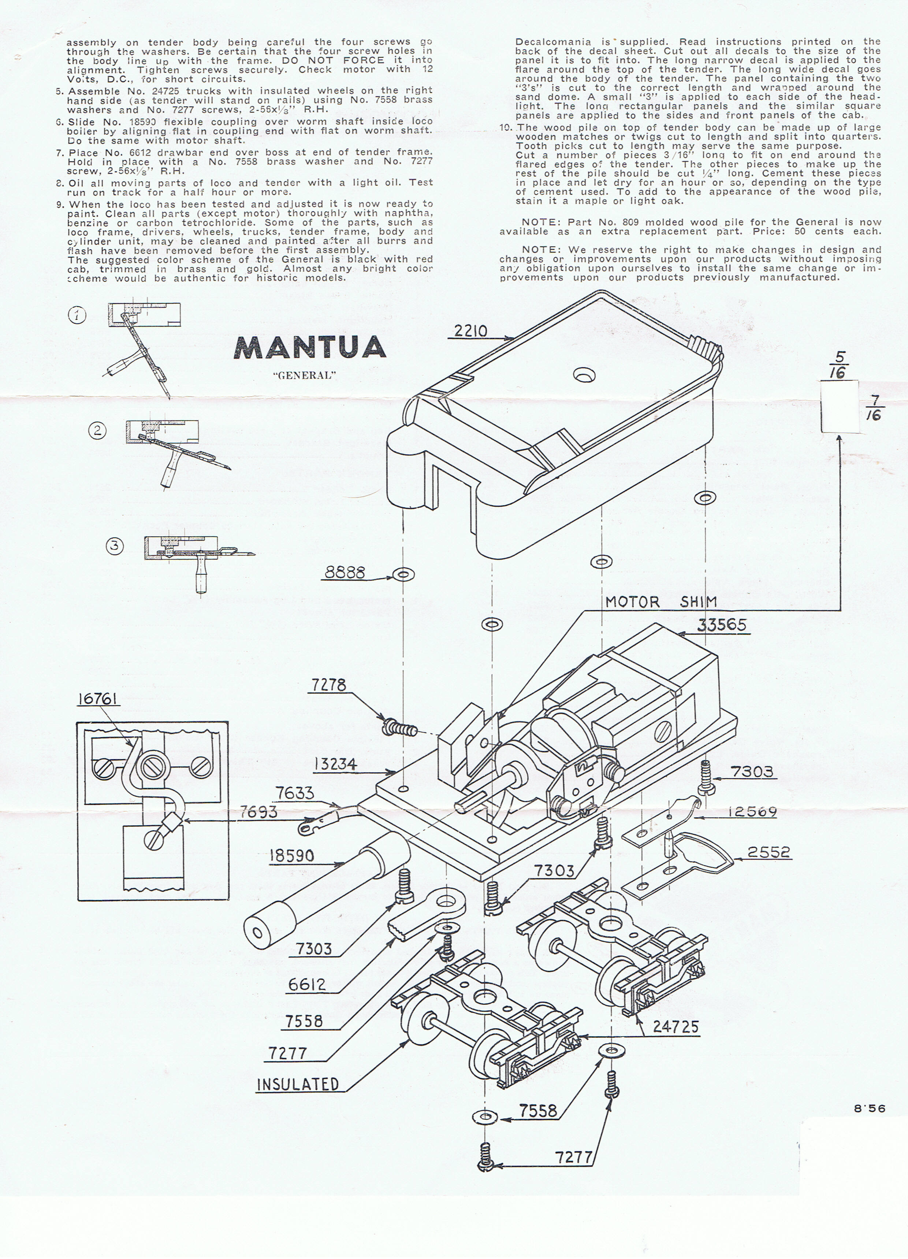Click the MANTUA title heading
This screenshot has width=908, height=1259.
(310, 348)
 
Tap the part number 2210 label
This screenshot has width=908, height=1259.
(470, 332)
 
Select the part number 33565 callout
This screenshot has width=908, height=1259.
(722, 626)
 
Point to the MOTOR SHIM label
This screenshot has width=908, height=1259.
(660, 602)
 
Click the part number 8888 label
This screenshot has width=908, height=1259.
(345, 572)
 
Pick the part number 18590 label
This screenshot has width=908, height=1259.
(292, 855)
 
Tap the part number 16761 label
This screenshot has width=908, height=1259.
(98, 698)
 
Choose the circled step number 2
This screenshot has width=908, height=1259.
(98, 431)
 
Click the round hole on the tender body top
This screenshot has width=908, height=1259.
(582, 376)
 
